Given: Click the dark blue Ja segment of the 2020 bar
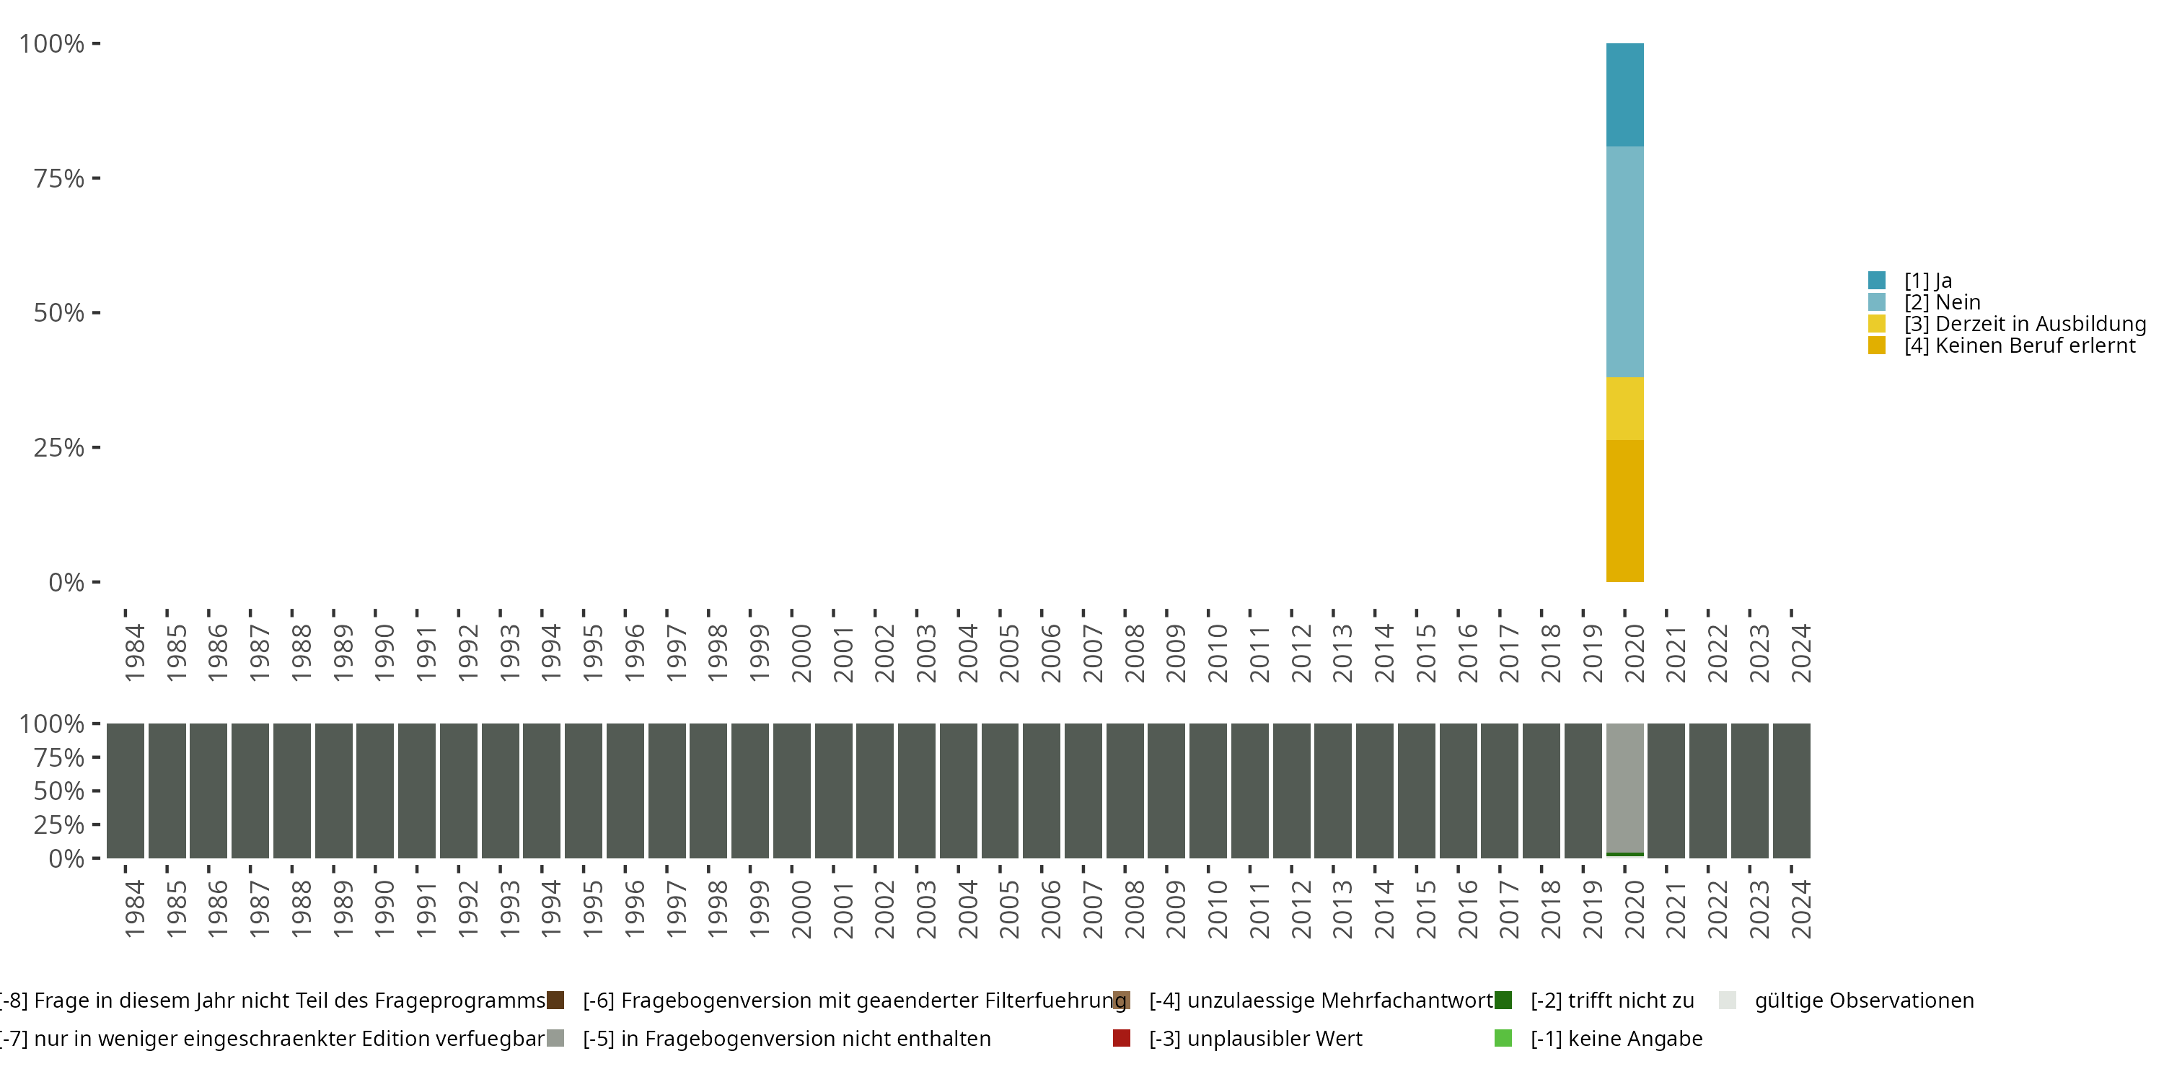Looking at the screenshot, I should [1624, 95].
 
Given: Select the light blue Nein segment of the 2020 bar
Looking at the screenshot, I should [1624, 261].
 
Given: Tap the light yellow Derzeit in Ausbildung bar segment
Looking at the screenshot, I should [1624, 408].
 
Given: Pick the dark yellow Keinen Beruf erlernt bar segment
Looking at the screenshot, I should [1624, 511].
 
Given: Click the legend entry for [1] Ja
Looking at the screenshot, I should [1927, 281].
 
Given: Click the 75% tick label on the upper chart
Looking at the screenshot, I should [59, 178].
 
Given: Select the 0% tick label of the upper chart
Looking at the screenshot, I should [66, 582].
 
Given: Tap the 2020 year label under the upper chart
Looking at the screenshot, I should [1634, 653].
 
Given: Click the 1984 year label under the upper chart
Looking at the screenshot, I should [134, 653].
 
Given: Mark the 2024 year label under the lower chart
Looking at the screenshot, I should [1800, 909].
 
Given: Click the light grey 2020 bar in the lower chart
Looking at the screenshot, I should [1624, 787].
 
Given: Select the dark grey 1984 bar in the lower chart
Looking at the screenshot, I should [126, 791].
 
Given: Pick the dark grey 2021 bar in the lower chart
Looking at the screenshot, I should [1666, 791].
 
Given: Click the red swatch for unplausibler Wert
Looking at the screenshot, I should [1121, 1038].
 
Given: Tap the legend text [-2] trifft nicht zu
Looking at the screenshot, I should [1611, 1000].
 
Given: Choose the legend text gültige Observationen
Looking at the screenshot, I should [1863, 1000].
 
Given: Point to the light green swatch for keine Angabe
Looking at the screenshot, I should [1503, 1038].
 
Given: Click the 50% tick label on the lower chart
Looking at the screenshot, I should [59, 791].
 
